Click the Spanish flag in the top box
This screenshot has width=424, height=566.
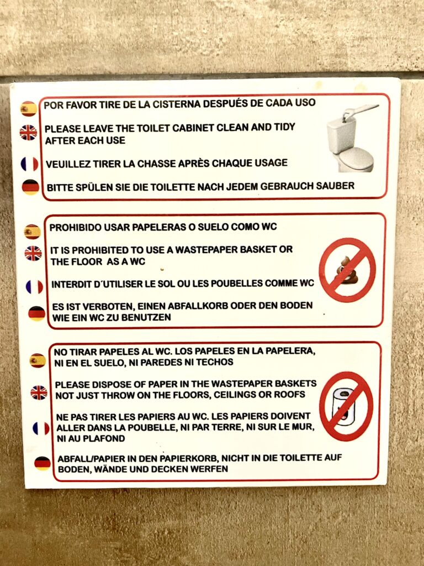pyautogui.click(x=29, y=109)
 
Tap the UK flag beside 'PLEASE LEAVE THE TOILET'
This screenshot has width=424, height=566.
pyautogui.click(x=29, y=133)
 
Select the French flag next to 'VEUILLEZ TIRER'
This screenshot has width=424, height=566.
pyautogui.click(x=30, y=164)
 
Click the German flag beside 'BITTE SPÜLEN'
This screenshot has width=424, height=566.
pyautogui.click(x=31, y=187)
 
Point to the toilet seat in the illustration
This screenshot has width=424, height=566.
pyautogui.click(x=355, y=159)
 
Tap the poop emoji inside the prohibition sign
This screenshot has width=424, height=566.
pyautogui.click(x=347, y=270)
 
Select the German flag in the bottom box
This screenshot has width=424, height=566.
pyautogui.click(x=43, y=464)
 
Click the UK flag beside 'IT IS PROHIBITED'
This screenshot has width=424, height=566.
pyautogui.click(x=33, y=253)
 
